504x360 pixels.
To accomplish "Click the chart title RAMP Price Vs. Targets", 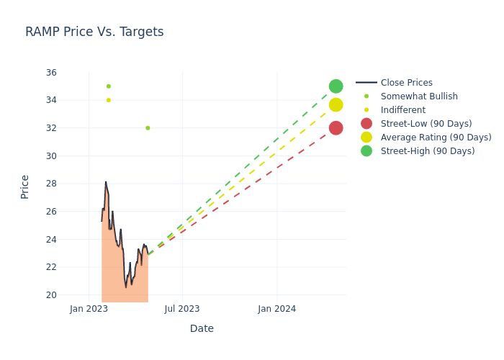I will pyautogui.click(x=94, y=32).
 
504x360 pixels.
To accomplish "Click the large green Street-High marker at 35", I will pyautogui.click(x=336, y=86).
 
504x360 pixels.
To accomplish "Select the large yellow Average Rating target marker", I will pyautogui.click(x=336, y=105).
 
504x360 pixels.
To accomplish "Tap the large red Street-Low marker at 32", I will pyautogui.click(x=336, y=128).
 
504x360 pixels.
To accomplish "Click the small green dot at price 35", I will pyautogui.click(x=109, y=86).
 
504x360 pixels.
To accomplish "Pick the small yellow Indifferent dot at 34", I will pyautogui.click(x=109, y=100).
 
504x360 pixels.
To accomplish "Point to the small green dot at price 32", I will pyautogui.click(x=148, y=128).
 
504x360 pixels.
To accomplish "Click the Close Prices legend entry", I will pyautogui.click(x=406, y=83).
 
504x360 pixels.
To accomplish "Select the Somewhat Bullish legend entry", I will pyautogui.click(x=419, y=96).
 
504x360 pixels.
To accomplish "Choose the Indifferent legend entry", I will pyautogui.click(x=402, y=110).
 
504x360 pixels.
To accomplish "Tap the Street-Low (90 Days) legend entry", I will pyautogui.click(x=426, y=124).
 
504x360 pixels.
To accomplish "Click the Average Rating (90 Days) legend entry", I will pyautogui.click(x=436, y=138).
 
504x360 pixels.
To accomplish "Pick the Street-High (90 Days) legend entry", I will pyautogui.click(x=428, y=151).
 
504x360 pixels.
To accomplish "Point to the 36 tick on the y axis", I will pyautogui.click(x=51, y=73).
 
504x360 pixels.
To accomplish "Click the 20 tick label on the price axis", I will pyautogui.click(x=51, y=295).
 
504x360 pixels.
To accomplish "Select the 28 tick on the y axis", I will pyautogui.click(x=51, y=184).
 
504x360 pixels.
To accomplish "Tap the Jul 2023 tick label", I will pyautogui.click(x=182, y=309).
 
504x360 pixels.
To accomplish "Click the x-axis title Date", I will pyautogui.click(x=202, y=328).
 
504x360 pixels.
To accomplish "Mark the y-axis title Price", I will pyautogui.click(x=25, y=186).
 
